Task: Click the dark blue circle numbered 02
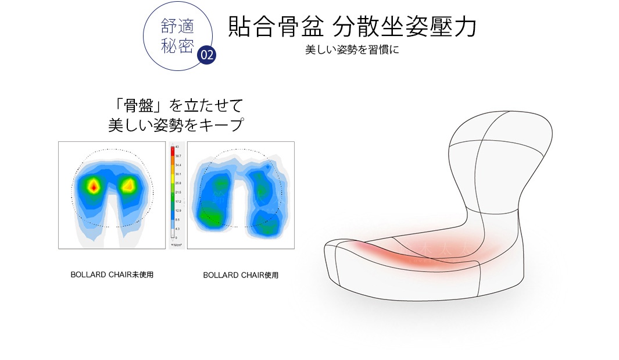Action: (x=206, y=55)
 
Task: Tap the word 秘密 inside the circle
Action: (x=177, y=46)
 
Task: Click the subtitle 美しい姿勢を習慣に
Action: (x=352, y=51)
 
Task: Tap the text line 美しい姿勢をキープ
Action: (x=175, y=124)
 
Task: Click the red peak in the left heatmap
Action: (x=94, y=186)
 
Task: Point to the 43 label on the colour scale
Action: (x=177, y=147)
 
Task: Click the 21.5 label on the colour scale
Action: (x=178, y=192)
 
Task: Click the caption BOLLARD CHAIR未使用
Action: (x=112, y=275)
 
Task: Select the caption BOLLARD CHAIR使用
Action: (x=241, y=275)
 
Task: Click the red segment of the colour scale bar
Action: (x=172, y=152)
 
